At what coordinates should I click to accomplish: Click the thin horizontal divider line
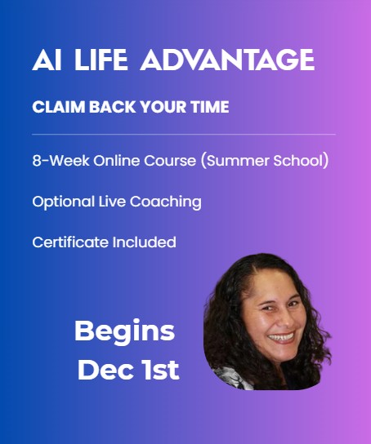coord(184,133)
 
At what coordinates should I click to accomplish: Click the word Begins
coord(124,332)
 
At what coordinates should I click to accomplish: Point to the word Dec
coord(104,370)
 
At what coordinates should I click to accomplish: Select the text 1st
coord(159,370)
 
